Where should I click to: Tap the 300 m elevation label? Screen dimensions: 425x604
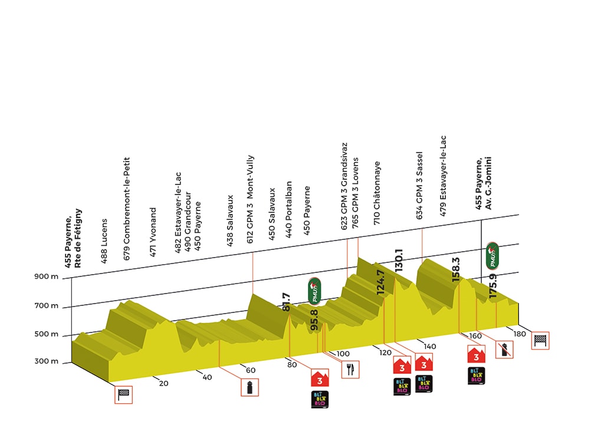(47, 361)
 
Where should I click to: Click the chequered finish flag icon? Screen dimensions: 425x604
(540, 340)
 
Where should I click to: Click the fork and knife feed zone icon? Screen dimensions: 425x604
(350, 369)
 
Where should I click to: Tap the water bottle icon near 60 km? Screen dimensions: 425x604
(250, 387)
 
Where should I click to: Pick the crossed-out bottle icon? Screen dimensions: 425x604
(503, 349)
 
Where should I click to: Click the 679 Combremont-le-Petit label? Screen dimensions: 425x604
(126, 200)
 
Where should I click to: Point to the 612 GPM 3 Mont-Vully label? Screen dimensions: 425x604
(250, 204)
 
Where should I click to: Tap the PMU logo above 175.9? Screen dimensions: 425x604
(493, 255)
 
